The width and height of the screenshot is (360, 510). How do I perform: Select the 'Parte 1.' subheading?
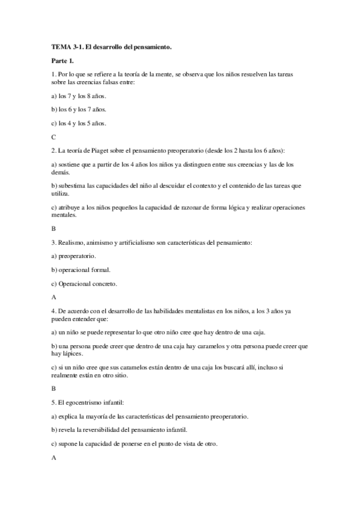pos(63,61)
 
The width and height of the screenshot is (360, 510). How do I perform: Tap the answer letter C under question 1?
pos(54,137)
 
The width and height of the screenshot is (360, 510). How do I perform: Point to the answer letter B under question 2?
pos(54,229)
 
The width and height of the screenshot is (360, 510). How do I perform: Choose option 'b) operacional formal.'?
pos(81,269)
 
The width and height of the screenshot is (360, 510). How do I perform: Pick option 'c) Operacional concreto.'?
pos(84,283)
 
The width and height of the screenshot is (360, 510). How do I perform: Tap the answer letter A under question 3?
pos(54,296)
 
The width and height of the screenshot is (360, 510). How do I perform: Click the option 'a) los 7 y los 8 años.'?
pos(79,96)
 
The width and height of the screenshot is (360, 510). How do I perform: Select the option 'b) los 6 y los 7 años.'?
pos(79,109)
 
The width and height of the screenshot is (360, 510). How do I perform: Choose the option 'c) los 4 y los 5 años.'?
pos(79,123)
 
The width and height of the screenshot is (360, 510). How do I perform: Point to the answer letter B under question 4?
pos(54,389)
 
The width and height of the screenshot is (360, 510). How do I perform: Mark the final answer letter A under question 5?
pos(54,457)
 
